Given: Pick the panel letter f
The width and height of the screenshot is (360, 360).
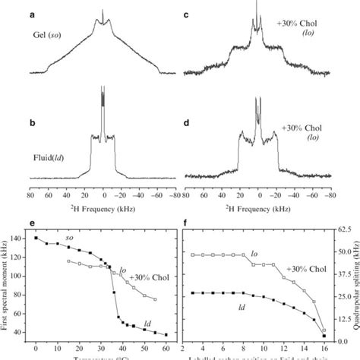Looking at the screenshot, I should [188, 226].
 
